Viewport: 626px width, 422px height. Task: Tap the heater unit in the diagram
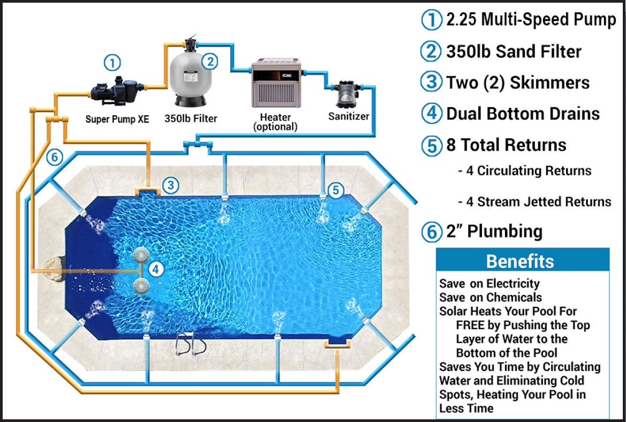coord(276,83)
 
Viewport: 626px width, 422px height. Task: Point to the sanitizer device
coord(346,94)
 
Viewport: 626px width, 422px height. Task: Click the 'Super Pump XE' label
coord(117,119)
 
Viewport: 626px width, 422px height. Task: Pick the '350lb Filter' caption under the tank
coord(191,119)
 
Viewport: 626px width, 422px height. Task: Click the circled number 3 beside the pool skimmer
coord(171,185)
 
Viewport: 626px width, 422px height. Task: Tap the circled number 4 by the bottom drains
coord(156,269)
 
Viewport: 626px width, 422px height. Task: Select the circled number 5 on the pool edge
coord(336,190)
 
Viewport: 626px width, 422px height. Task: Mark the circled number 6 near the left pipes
coord(55,157)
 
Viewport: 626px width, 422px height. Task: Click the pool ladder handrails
coord(191,344)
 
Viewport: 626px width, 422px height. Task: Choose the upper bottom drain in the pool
coord(141,255)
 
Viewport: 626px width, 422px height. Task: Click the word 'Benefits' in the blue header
coord(520,261)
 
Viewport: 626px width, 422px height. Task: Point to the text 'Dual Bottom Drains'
coord(523,114)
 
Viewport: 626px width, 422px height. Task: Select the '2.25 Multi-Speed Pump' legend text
coord(531,20)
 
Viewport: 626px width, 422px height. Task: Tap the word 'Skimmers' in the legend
coord(550,83)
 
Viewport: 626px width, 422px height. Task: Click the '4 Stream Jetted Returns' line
coord(539,202)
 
